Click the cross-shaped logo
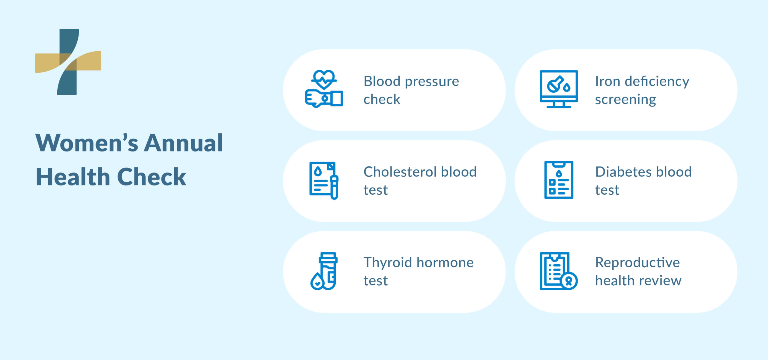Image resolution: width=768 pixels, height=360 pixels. click(x=68, y=62)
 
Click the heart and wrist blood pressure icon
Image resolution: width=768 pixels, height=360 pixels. click(x=324, y=89)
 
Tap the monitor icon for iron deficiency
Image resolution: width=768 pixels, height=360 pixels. click(x=559, y=89)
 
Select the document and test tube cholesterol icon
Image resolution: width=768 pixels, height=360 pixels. click(x=324, y=180)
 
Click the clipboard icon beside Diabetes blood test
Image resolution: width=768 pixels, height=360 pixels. click(x=559, y=180)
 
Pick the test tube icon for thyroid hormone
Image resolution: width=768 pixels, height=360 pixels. click(x=324, y=271)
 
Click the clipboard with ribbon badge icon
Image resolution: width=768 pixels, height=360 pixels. click(x=559, y=271)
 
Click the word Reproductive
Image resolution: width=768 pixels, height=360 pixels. click(x=637, y=263)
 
